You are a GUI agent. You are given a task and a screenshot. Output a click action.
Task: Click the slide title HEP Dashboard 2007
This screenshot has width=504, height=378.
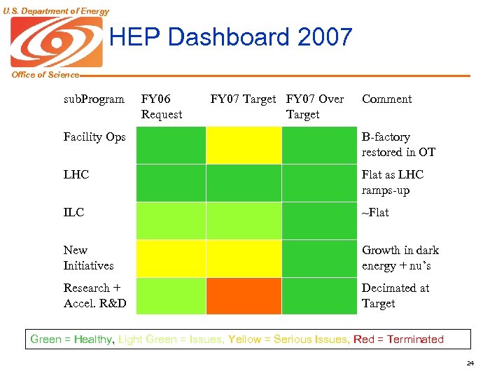231,37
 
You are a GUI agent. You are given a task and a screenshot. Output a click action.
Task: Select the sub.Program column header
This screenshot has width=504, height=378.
94,99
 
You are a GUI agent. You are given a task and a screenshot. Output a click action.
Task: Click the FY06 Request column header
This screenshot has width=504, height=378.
162,106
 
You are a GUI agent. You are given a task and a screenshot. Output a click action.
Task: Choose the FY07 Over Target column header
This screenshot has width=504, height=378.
315,106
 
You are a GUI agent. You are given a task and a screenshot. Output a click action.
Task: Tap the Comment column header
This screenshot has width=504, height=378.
386,99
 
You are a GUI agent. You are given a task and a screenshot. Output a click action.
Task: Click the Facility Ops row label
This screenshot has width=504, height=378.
94,137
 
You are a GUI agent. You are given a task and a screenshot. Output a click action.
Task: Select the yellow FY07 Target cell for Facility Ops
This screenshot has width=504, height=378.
243,145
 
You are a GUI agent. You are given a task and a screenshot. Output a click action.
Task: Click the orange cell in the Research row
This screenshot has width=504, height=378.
243,295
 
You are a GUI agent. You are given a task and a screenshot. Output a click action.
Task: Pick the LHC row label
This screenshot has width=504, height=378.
76,175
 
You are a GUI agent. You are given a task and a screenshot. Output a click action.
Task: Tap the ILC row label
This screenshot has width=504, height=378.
73,212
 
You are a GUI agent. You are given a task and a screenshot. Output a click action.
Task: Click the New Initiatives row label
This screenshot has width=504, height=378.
88,258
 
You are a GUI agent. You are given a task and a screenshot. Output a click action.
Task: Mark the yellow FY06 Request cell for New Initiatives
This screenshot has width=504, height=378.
170,258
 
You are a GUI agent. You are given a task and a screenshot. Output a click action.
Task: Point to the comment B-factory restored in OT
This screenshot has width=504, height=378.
398,145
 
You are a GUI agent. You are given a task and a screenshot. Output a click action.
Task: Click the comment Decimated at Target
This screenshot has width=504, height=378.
395,295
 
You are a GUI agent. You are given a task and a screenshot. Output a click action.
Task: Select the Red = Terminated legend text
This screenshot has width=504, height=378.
398,339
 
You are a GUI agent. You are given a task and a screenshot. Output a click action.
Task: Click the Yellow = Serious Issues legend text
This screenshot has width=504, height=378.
289,339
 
